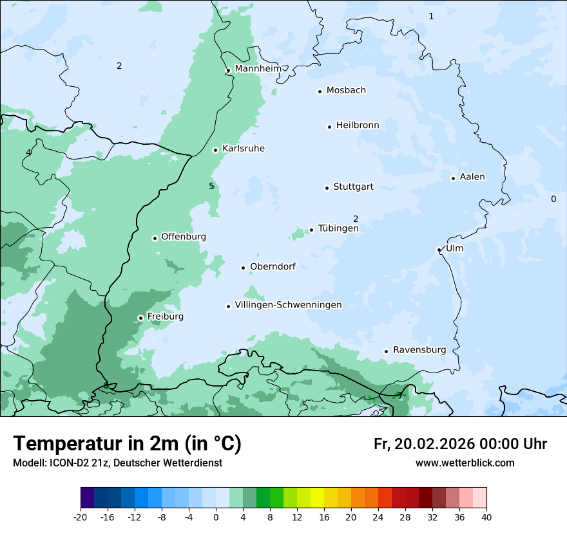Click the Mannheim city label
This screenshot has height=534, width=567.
pos(258,69)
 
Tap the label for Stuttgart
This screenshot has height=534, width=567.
pos(353,187)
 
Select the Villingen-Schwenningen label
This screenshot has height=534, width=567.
pos(288,305)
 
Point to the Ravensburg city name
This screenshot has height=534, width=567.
pos(419,350)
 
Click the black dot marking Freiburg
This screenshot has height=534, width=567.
pos(140,318)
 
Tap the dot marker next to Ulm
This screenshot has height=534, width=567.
pos(439,250)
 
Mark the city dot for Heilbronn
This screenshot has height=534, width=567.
pos(329,127)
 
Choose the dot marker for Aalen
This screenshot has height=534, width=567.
pos(453,178)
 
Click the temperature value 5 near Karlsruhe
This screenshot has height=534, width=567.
pos(211,187)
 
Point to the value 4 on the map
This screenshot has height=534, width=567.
pos(28,152)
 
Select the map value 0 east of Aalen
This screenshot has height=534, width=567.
pos(553,199)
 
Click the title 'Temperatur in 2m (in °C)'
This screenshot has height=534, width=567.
pos(128,444)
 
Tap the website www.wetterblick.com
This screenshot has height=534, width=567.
pos(465,463)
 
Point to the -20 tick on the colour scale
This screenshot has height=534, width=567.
pos(81,517)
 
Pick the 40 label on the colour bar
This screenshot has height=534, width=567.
pos(486,517)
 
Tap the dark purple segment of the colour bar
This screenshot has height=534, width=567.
pos(88,498)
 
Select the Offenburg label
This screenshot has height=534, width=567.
pos(184,237)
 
